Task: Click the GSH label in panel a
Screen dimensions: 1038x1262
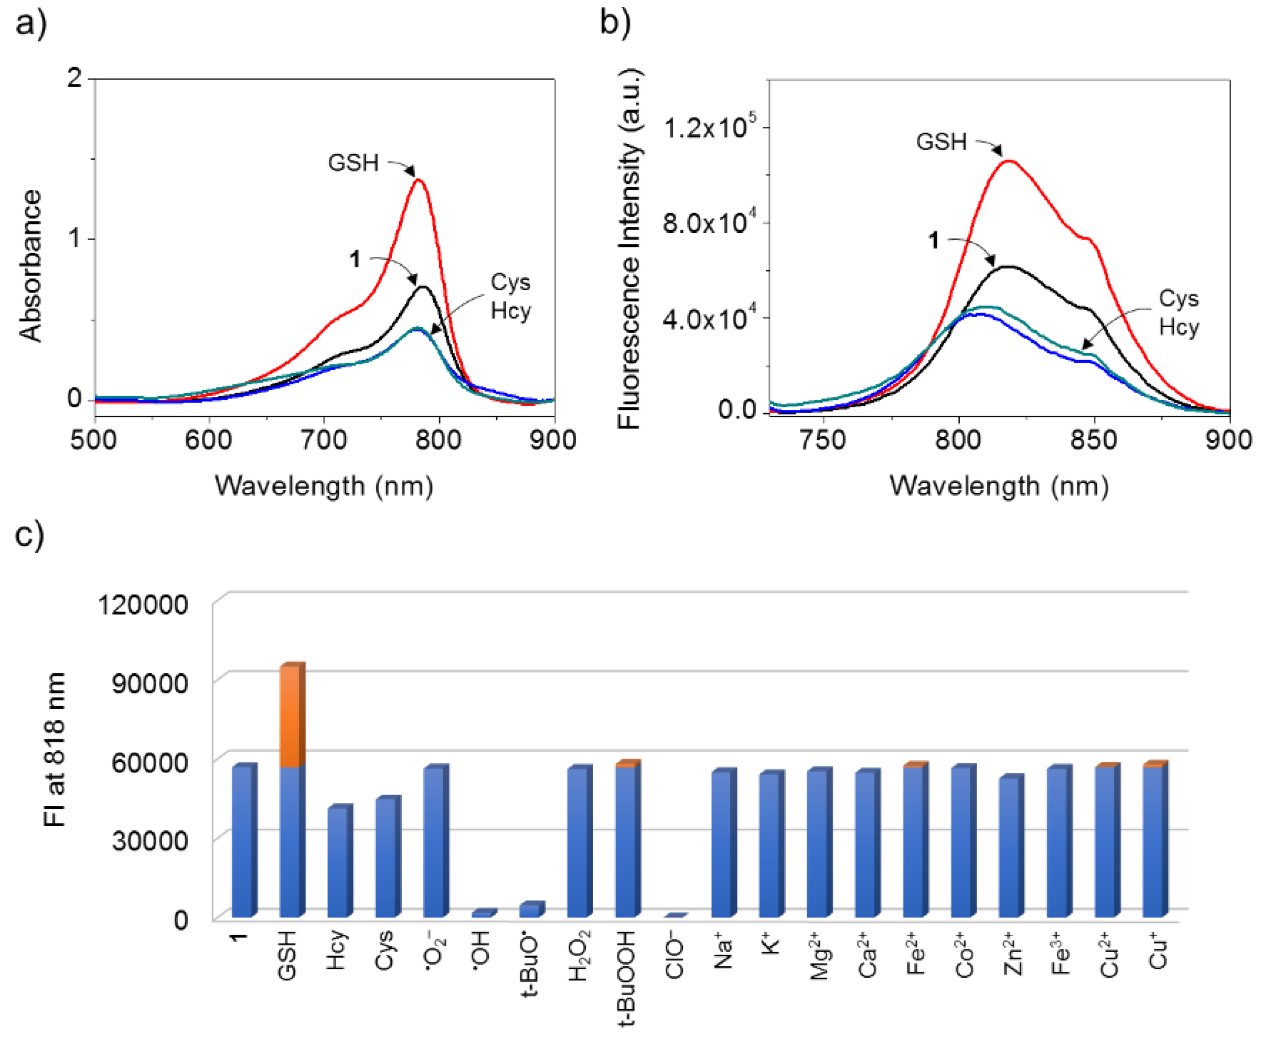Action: click(x=353, y=163)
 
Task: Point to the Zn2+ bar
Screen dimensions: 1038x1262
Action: click(x=1010, y=847)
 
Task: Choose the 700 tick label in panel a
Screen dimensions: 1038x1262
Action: click(x=324, y=441)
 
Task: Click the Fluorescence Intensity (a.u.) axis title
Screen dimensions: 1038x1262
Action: click(x=629, y=247)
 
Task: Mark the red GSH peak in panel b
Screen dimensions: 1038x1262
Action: click(x=1010, y=160)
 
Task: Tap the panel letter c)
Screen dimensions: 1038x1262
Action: click(x=29, y=534)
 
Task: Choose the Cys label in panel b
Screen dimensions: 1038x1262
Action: click(x=1178, y=299)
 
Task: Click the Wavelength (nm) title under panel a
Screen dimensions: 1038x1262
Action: click(x=324, y=486)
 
